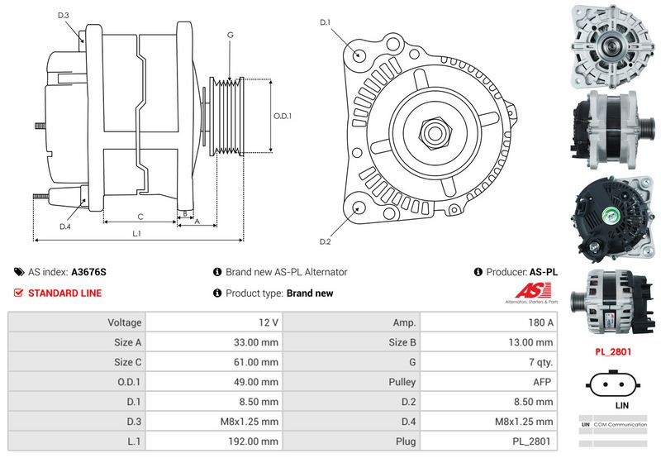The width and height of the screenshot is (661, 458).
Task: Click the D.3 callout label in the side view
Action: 64,16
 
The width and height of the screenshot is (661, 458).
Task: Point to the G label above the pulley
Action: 231,35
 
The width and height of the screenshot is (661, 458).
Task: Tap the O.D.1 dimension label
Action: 283,116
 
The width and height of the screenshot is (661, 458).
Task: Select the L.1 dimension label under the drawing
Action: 136,233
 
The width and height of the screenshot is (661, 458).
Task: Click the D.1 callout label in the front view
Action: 325,22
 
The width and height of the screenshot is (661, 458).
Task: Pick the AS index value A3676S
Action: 88,272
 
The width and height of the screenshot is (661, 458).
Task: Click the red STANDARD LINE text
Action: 65,293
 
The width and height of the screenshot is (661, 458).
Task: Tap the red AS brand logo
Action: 533,290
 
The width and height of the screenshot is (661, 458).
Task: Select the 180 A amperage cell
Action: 541,322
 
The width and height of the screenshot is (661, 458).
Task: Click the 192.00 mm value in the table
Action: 254,441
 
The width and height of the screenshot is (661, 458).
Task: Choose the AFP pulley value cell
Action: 542,382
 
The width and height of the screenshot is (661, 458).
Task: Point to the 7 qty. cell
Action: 541,362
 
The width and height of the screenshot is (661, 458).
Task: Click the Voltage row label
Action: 125,322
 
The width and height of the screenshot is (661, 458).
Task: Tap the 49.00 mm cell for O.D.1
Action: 256,382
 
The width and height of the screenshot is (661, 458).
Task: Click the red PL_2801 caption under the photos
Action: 613,351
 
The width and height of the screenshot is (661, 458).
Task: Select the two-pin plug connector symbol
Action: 613,384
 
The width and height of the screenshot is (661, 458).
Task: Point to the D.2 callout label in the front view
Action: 325,241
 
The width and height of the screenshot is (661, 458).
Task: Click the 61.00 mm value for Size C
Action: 256,362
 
